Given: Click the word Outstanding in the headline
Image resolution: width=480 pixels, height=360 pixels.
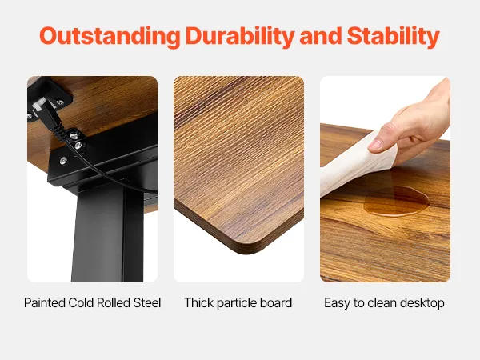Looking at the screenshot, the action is (x=110, y=36).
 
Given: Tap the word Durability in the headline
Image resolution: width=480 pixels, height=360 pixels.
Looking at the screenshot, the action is (x=240, y=37).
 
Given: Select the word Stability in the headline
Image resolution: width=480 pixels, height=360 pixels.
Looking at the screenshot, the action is (x=394, y=37).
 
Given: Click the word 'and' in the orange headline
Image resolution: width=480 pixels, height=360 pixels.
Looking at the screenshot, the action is (x=321, y=37).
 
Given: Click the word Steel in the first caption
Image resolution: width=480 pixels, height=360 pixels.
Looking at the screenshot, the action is (x=147, y=302).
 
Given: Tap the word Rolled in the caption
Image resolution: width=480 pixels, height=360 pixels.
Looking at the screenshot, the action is (x=114, y=302).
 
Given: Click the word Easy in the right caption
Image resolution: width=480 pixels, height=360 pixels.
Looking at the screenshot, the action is (x=337, y=303).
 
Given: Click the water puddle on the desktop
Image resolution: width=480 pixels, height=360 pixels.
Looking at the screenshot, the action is (x=397, y=201).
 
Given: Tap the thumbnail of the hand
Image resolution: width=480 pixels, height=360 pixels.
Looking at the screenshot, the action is (x=376, y=144).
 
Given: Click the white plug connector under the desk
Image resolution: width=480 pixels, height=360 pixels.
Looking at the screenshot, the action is (x=39, y=104).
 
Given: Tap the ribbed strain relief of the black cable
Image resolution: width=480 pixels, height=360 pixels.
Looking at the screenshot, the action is (x=59, y=132).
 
